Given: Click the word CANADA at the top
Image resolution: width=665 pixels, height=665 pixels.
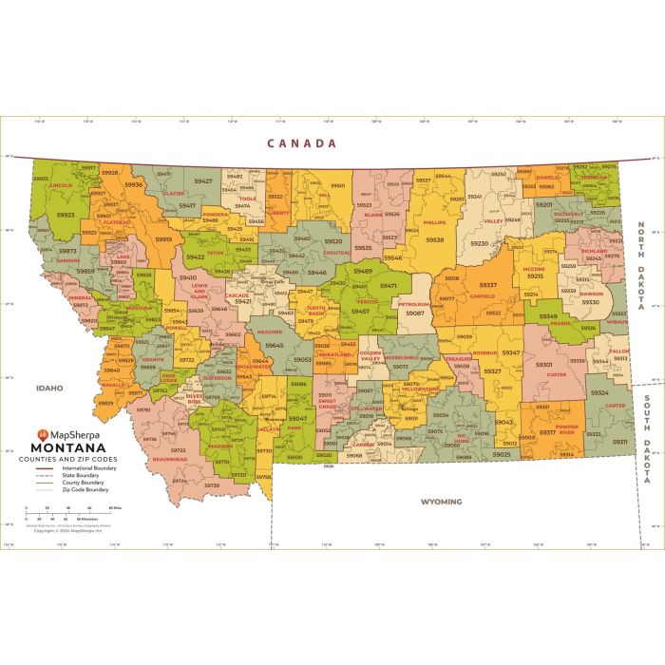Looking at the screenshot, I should [x=301, y=143].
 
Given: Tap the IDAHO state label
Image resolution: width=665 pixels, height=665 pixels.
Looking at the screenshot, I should [x=49, y=388].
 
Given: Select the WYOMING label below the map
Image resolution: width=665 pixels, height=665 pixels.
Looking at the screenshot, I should [x=441, y=501].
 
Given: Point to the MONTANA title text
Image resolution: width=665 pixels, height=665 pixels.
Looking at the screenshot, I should [x=68, y=447].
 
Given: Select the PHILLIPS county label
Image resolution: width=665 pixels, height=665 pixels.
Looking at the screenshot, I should [x=434, y=222].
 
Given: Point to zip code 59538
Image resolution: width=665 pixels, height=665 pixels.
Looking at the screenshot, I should [x=434, y=240].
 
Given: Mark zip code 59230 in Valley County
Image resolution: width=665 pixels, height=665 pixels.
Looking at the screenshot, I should [x=480, y=244].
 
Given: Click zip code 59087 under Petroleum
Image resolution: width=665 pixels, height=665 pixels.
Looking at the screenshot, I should [x=415, y=313].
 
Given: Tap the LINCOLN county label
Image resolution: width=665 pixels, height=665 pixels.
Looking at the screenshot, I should [x=61, y=185].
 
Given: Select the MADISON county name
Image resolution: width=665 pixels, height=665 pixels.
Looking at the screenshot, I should [x=219, y=446].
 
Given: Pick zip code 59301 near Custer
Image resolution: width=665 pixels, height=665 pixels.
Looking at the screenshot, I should [x=543, y=364].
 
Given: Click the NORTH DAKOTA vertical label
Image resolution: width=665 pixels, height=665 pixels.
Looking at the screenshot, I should [x=641, y=266].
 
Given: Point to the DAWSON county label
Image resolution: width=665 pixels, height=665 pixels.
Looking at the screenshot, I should [x=591, y=294].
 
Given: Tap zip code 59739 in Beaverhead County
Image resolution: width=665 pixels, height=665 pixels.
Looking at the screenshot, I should [x=211, y=485].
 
